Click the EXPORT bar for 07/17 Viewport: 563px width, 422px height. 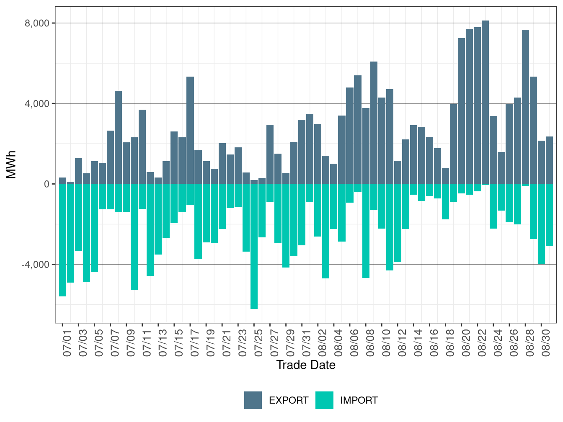190,130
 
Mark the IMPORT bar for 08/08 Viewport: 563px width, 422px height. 366,231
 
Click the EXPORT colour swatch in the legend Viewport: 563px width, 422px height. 253,400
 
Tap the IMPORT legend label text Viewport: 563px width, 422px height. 359,401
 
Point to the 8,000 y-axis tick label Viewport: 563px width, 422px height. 37,23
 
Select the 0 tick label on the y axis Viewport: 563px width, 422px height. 46,184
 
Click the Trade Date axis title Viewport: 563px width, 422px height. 306,365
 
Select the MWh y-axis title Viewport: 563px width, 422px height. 11,165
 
